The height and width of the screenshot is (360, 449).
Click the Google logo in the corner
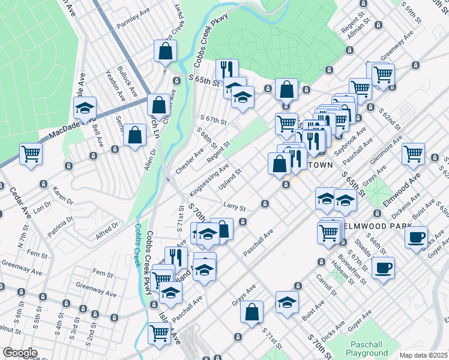[x=19, y=353]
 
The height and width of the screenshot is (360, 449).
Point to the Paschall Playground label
[x=367, y=349]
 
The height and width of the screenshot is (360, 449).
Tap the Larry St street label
[x=235, y=206]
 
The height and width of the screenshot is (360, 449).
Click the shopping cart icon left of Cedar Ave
[x=31, y=152]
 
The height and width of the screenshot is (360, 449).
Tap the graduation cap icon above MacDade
[x=85, y=109]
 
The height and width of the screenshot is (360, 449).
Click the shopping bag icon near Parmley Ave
[x=165, y=52]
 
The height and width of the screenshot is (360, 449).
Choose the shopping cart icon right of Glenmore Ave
[x=414, y=152]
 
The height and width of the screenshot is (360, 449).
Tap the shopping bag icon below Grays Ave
[x=252, y=311]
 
